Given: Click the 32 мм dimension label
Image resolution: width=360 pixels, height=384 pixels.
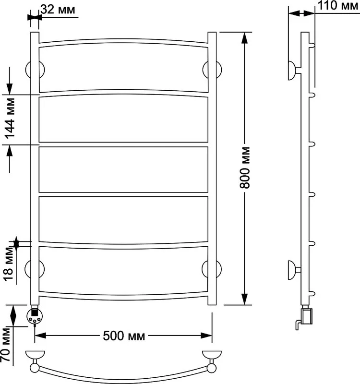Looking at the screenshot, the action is (58, 10).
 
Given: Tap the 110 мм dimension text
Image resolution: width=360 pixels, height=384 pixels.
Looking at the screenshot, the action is (338, 5).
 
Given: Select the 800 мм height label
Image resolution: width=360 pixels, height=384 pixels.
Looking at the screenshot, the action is (245, 168).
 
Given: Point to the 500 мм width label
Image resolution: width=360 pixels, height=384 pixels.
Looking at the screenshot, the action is (124, 336).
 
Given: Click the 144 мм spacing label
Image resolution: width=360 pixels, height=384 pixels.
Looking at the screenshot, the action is (10, 119).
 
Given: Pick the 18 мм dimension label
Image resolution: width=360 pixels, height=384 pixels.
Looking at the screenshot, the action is (8, 264).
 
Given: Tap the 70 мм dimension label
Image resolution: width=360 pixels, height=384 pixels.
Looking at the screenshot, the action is (6, 345).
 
